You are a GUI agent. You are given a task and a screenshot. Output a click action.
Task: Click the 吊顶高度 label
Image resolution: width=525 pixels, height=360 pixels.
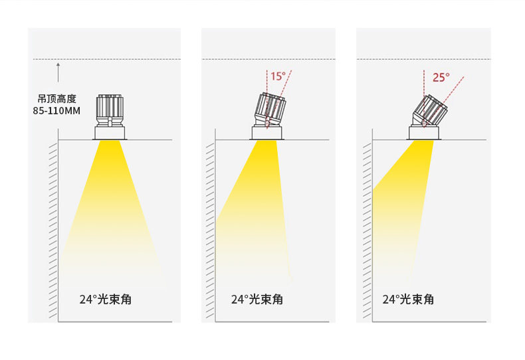tap(57, 99)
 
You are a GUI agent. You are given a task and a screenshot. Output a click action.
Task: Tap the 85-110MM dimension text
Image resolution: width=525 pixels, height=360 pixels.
tap(56, 111)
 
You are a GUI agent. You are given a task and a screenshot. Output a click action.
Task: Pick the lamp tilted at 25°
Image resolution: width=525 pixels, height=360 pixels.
tap(431, 110)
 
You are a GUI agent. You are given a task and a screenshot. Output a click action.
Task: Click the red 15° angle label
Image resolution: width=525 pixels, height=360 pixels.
tap(277, 76)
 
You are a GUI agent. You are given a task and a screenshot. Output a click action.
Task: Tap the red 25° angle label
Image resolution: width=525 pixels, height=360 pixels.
tap(441, 78)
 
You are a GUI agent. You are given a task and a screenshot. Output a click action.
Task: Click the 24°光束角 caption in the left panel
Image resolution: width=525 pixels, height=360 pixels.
tap(105, 300)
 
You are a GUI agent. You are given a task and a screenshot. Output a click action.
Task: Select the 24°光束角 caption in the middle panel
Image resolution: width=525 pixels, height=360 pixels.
tap(257, 300)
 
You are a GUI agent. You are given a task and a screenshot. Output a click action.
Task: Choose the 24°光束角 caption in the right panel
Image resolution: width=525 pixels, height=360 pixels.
tap(408, 300)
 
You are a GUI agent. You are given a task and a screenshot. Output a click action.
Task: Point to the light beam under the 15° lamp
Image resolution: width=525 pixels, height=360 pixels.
tap(256, 206)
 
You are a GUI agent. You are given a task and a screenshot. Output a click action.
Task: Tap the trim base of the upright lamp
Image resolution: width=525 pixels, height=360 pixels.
tap(110, 133)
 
